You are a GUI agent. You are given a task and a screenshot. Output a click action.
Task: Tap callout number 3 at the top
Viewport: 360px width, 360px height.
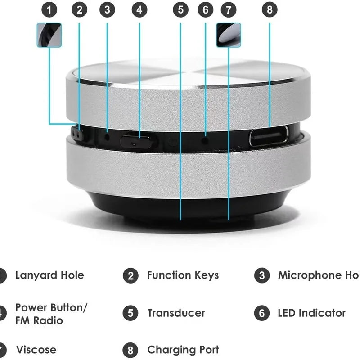(107, 10)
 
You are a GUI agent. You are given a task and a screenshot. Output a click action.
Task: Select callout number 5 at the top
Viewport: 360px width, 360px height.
(180, 10)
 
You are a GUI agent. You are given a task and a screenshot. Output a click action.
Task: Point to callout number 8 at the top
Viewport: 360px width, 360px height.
(270, 10)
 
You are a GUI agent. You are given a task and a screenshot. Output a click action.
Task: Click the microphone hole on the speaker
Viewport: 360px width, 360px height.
(107, 135)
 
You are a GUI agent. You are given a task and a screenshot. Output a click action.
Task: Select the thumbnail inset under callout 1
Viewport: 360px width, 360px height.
(49, 35)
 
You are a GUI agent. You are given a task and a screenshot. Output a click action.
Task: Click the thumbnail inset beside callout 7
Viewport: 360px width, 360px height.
(228, 35)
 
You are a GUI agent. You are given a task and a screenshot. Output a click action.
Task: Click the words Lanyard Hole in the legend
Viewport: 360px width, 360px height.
(49, 275)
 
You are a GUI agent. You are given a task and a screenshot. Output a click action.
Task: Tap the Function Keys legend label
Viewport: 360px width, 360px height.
(183, 275)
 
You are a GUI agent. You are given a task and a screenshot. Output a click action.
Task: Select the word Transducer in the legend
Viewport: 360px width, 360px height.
(176, 313)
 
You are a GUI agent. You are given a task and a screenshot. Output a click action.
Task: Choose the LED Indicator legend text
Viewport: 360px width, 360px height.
(311, 313)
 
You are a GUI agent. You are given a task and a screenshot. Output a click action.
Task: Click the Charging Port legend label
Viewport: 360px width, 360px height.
(183, 350)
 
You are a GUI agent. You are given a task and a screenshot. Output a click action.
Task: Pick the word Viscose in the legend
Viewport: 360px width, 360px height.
(36, 350)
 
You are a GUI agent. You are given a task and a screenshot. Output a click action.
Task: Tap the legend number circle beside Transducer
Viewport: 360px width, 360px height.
(130, 313)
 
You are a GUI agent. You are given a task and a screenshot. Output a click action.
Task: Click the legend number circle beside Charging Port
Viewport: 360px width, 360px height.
(130, 350)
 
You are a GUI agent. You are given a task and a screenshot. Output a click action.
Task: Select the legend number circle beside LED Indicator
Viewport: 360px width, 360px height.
(261, 313)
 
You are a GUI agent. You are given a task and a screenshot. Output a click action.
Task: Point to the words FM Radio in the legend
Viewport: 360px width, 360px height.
(39, 321)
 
